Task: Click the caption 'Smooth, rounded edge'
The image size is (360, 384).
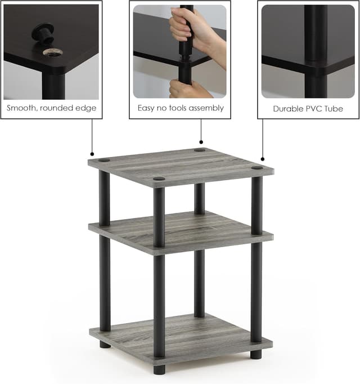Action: (51, 108)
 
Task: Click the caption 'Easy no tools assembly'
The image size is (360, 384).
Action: (181, 108)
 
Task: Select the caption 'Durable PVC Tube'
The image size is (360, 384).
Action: (308, 108)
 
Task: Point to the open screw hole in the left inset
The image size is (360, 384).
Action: (53, 52)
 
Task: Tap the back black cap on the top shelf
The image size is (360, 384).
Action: (200, 150)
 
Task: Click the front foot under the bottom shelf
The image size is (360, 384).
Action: (159, 369)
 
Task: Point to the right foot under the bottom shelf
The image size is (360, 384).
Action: (256, 354)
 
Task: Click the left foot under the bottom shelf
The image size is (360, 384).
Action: (105, 343)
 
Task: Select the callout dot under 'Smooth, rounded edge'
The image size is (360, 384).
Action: (92, 154)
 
